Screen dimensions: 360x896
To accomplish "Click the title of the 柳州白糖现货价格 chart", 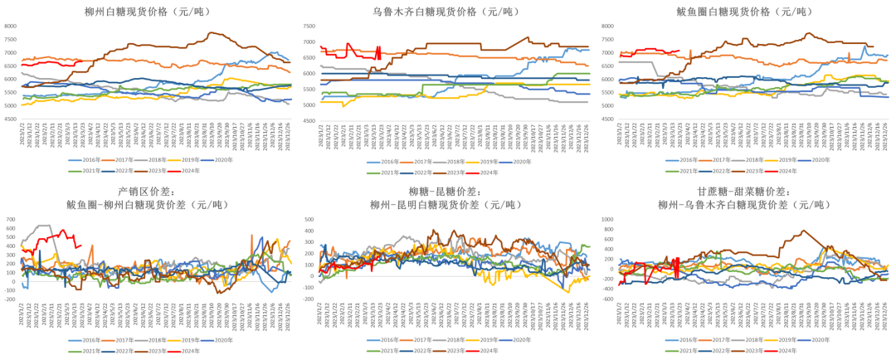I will (x=148, y=12).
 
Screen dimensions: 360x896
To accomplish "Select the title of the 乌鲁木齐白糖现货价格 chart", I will (x=447, y=12).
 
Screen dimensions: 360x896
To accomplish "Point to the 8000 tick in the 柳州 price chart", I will (x=10, y=27).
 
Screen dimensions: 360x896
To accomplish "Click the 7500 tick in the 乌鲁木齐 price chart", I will (x=309, y=27).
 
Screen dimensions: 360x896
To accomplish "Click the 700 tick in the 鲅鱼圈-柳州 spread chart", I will (x=10, y=219).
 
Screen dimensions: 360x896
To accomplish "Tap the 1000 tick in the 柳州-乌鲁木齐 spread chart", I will (x=606, y=219).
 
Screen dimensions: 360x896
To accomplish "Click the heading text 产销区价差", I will (x=148, y=192).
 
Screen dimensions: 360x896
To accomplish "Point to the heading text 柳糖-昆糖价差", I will (x=447, y=192).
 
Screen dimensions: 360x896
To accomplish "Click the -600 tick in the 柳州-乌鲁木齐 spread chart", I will (x=607, y=299).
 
